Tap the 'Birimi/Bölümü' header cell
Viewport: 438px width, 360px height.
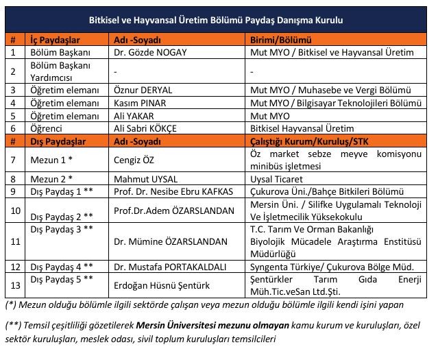tap(280, 40)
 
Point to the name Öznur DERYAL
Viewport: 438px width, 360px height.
tap(143, 90)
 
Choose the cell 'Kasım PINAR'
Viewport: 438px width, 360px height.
tap(141, 103)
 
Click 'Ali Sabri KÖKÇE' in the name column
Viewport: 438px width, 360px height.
tap(149, 128)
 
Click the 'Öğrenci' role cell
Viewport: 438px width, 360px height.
tap(47, 128)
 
